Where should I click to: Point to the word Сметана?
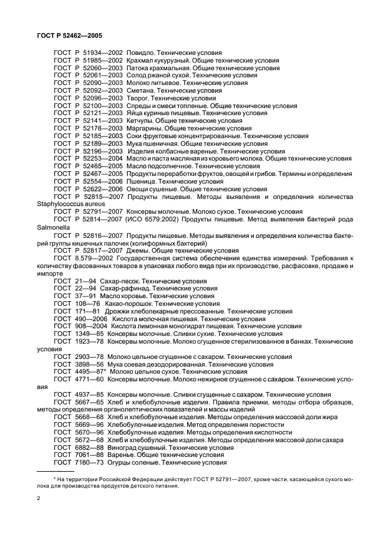(x=142, y=91)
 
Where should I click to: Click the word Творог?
(x=139, y=99)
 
